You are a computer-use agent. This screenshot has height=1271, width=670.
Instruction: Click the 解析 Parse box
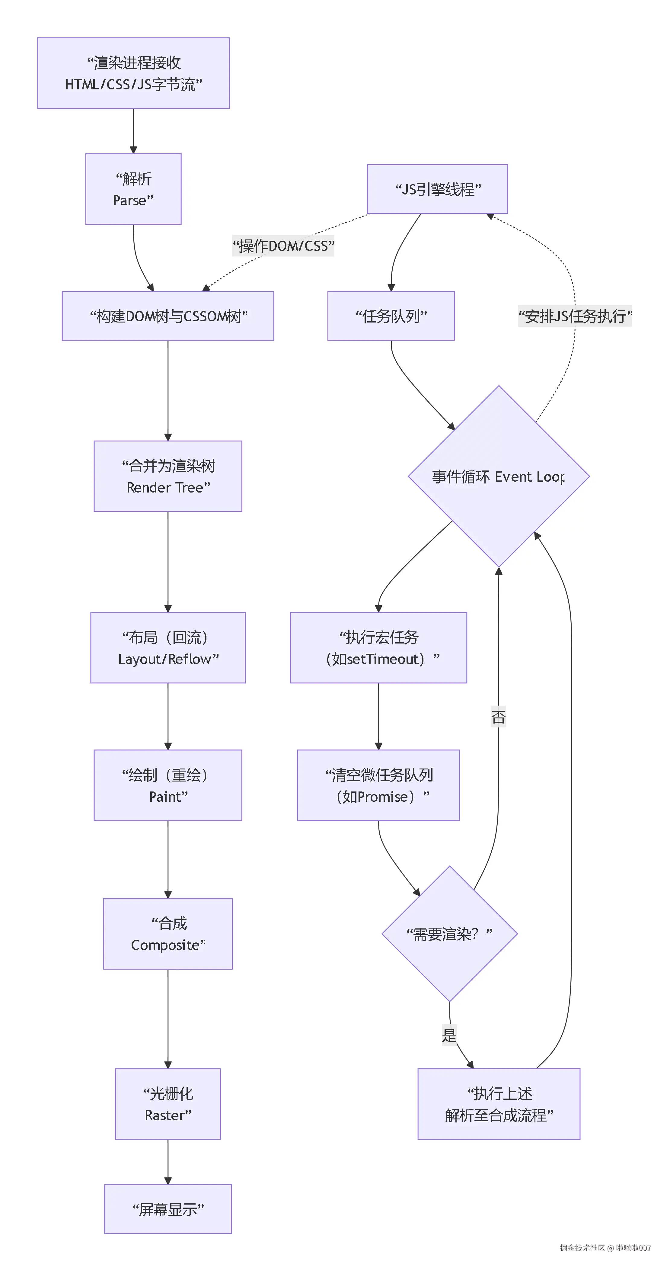click(x=133, y=189)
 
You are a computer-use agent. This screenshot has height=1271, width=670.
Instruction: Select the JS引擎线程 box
click(x=437, y=189)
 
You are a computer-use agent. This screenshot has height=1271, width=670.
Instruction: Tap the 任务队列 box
click(x=391, y=316)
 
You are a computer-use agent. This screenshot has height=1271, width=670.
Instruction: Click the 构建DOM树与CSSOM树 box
click(x=168, y=316)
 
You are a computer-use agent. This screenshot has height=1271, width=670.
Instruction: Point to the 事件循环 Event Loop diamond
click(x=499, y=476)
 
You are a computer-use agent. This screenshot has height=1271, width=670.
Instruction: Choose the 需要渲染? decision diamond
click(x=449, y=933)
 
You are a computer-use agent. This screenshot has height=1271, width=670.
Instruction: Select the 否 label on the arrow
click(x=499, y=716)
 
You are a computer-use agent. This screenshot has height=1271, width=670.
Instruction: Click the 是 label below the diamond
click(x=449, y=1035)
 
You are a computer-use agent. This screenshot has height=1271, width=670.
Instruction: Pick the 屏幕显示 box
click(x=168, y=1209)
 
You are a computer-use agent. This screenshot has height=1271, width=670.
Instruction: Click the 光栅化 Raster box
click(x=168, y=1104)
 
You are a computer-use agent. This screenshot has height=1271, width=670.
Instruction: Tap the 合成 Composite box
click(x=168, y=933)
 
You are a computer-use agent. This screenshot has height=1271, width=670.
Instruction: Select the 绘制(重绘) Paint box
click(x=168, y=785)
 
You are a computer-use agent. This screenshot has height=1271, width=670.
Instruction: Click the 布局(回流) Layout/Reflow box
click(x=168, y=647)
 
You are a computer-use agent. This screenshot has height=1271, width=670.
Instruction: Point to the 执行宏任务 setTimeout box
click(x=378, y=647)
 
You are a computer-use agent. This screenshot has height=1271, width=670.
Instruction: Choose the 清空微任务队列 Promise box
click(x=378, y=785)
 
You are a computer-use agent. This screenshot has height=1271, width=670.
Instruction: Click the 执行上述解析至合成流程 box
click(x=499, y=1104)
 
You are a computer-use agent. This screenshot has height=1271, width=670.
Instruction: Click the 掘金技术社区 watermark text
click(x=582, y=1248)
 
